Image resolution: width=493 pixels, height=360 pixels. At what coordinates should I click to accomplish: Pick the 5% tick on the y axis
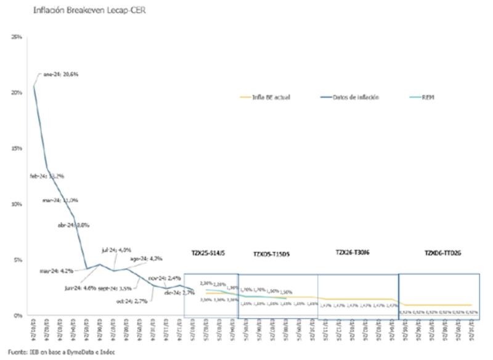(18, 260)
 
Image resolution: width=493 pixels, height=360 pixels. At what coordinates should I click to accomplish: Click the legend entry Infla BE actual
(271, 97)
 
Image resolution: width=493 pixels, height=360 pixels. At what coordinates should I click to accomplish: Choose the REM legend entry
(426, 97)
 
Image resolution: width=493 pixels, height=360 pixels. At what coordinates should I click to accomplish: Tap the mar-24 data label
(60, 200)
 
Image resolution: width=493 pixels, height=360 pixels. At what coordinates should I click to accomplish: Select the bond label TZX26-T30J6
(352, 253)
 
